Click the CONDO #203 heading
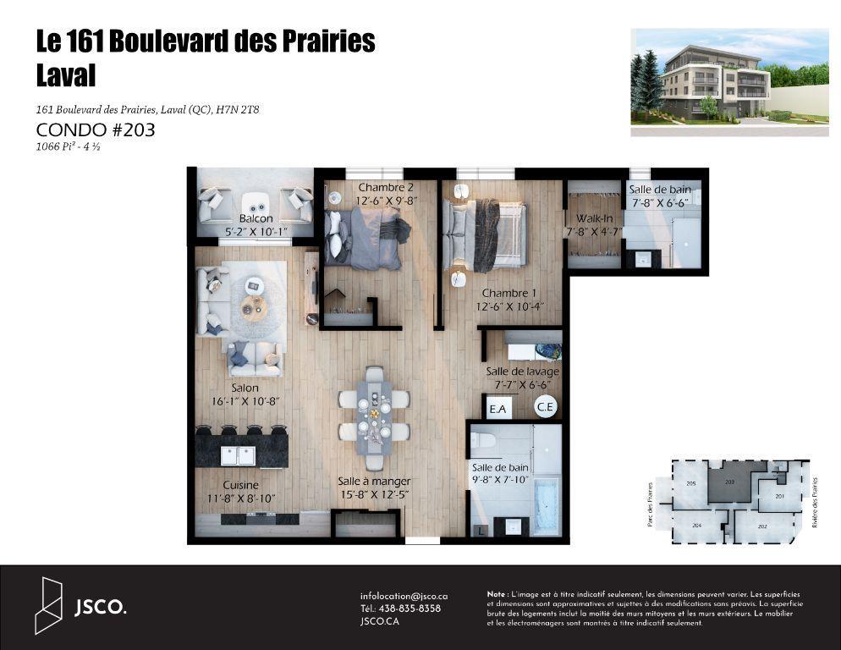pos(96,130)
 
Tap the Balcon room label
pos(256,218)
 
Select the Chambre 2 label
pos(379,188)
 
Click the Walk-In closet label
pos(594,218)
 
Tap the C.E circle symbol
pos(546,407)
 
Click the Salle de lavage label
pos(522,372)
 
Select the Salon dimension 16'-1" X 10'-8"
pos(239,402)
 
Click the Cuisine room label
pos(240,485)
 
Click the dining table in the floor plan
pos(374,416)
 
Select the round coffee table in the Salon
pos(254,308)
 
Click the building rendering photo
pos(729,82)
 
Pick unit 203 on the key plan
pos(730,482)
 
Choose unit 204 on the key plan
pos(696,525)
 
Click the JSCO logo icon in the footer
pos(49,606)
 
